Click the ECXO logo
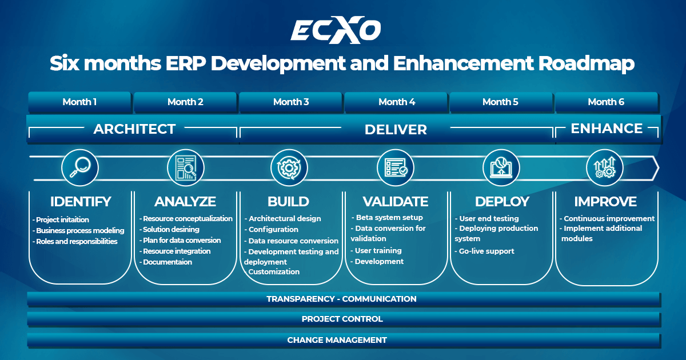pyautogui.click(x=336, y=30)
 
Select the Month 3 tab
pyautogui.click(x=291, y=102)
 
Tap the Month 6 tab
pyautogui.click(x=606, y=102)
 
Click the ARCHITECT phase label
pyautogui.click(x=134, y=129)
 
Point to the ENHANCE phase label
pyautogui.click(x=607, y=129)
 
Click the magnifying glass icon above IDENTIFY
pyautogui.click(x=79, y=167)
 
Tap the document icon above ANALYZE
pyautogui.click(x=185, y=167)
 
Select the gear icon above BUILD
pyautogui.click(x=289, y=167)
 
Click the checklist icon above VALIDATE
pyautogui.click(x=396, y=167)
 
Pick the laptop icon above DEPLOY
pyautogui.click(x=501, y=167)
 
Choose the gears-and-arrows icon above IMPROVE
pyautogui.click(x=605, y=167)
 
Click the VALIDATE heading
pyautogui.click(x=396, y=202)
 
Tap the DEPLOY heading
pyautogui.click(x=502, y=202)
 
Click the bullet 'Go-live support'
pyautogui.click(x=486, y=251)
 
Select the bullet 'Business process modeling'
pyautogui.click(x=79, y=231)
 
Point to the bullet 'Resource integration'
pyautogui.click(x=176, y=251)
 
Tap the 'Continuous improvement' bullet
pyautogui.click(x=608, y=219)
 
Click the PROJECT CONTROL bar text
pyautogui.click(x=342, y=319)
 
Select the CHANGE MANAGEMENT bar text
pyautogui.click(x=337, y=340)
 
